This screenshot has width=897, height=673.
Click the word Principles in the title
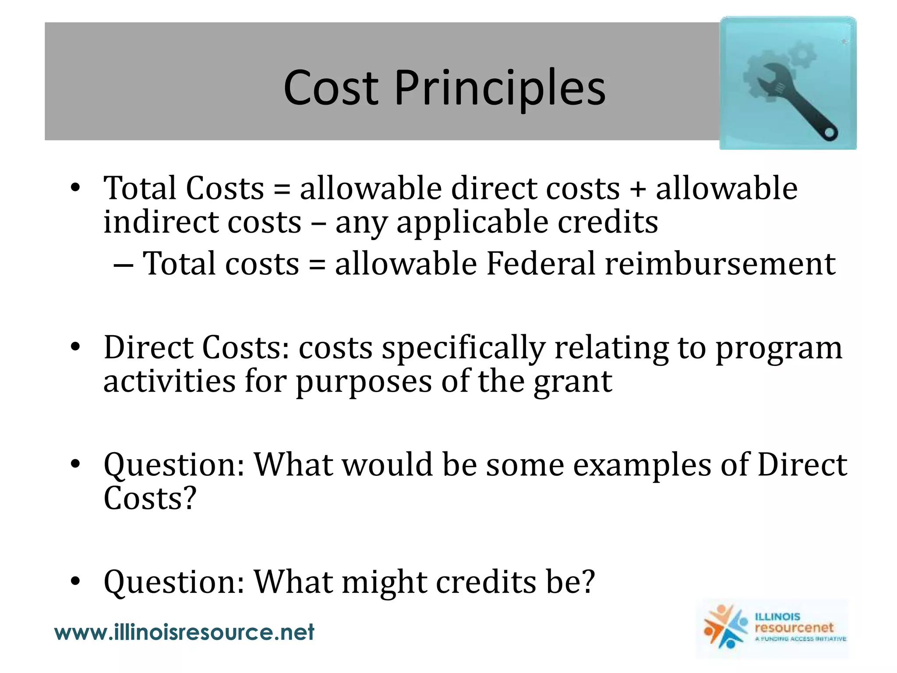pos(499,89)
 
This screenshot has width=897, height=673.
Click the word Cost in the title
pos(331,89)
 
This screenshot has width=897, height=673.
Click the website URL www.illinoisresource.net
pos(184,632)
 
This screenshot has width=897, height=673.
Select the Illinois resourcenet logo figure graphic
pos(725,627)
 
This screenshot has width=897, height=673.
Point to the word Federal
pos(540,264)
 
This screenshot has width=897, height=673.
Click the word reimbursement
pos(720,264)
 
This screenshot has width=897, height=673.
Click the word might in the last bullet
pos(384,583)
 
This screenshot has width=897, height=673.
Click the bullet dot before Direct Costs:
pos(75,347)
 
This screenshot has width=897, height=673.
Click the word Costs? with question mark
pos(150,499)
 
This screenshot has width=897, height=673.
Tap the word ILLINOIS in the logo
pos(777,616)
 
